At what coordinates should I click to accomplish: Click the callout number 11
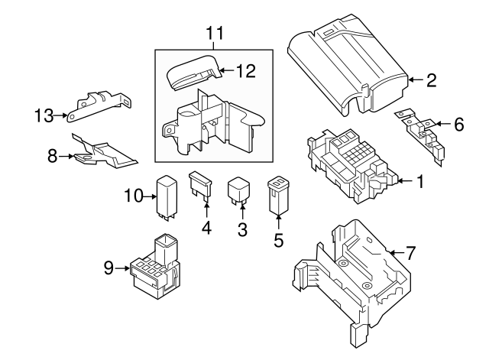pyautogui.click(x=216, y=33)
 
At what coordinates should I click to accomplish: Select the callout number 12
pyautogui.click(x=244, y=73)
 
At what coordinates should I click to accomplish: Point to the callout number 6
pyautogui.click(x=458, y=124)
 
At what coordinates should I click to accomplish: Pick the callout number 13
pyautogui.click(x=44, y=115)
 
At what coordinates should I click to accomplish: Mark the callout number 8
pyautogui.click(x=52, y=157)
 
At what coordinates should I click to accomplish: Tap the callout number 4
pyautogui.click(x=206, y=227)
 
